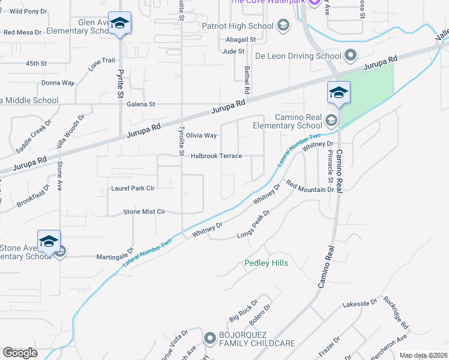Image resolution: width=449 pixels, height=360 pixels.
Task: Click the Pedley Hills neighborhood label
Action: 266,263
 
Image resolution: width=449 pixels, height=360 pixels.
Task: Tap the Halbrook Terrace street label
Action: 216,156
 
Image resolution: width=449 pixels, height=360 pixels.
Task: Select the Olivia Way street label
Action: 201,136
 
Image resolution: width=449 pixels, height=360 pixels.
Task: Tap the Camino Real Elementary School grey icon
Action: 330,121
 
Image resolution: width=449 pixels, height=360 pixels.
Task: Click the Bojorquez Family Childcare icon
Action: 209,338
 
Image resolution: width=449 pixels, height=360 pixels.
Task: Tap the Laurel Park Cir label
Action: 133,188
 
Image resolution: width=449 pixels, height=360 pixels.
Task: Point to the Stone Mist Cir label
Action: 144,212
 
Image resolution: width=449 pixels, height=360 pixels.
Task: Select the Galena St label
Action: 141,104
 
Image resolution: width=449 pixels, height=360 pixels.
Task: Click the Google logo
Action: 20,353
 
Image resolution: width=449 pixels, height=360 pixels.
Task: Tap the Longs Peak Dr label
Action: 253,224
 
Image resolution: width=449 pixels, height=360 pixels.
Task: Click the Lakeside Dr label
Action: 360,305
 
